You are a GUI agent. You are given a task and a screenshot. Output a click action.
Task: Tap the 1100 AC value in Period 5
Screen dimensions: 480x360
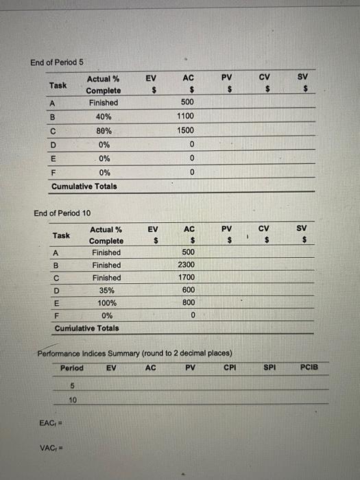pos(185,117)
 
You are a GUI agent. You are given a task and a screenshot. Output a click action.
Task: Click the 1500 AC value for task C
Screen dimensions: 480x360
pos(185,130)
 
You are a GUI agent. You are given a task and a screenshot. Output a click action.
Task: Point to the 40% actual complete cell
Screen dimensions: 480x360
pos(104,117)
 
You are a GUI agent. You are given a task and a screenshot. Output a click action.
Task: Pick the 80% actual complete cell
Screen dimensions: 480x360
pos(104,130)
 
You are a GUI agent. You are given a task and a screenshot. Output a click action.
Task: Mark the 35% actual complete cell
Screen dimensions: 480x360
pos(106,290)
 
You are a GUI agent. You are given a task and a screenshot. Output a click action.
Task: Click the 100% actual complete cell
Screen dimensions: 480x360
pos(106,302)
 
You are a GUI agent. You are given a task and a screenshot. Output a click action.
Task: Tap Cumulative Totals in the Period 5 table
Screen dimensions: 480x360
pos(84,186)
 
